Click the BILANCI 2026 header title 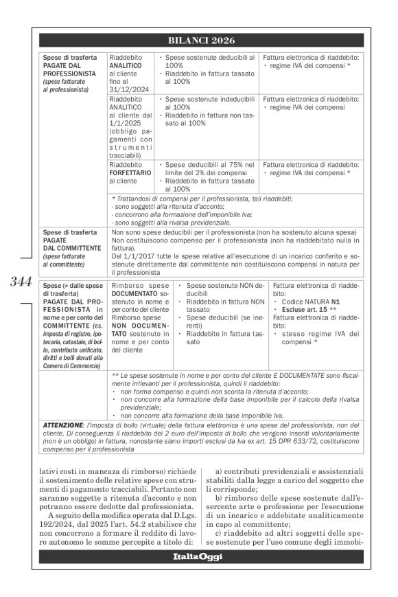(198, 41)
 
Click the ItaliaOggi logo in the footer (198, 556)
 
